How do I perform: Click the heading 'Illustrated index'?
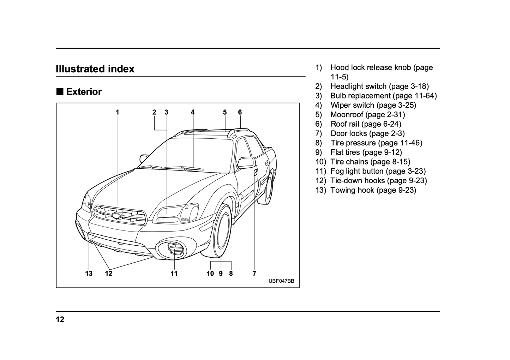pos(95,69)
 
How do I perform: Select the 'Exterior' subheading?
pos(84,92)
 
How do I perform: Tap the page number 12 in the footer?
pos(60,320)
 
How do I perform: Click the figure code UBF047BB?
pos(281,281)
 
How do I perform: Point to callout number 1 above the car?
pos(118,112)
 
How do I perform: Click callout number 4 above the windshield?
pos(193,112)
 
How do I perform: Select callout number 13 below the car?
pos(89,274)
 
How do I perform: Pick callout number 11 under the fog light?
pos(174,274)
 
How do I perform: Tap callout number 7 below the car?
pos(254,274)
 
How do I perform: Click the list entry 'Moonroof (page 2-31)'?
pos(367,115)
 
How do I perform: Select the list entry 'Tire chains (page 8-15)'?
pos(370,162)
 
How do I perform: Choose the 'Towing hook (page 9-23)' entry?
pos(373,190)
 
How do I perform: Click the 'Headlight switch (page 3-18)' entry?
pos(379,86)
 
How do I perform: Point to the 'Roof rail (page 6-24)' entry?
pos(366,124)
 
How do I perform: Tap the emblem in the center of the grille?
pos(116,216)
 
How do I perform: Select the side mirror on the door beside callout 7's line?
pos(246,162)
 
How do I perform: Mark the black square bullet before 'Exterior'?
pos(60,92)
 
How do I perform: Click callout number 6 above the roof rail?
pos(240,112)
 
